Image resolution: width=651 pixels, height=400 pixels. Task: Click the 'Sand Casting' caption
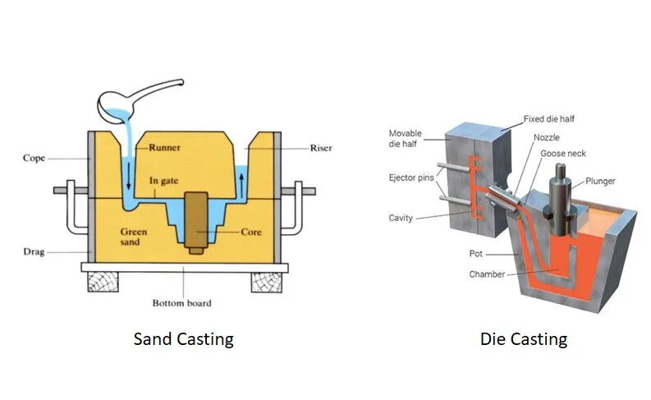point(183,338)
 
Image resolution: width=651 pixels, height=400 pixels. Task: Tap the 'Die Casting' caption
point(524,338)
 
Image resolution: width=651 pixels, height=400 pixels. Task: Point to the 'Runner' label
point(164,149)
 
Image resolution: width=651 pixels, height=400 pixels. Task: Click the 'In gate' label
point(165,181)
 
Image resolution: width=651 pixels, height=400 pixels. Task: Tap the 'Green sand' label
point(134,238)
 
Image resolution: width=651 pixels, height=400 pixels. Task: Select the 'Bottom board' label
point(181,303)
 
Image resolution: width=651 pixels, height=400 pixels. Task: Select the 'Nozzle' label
point(548,138)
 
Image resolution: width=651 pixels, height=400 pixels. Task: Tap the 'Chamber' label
point(487,274)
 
